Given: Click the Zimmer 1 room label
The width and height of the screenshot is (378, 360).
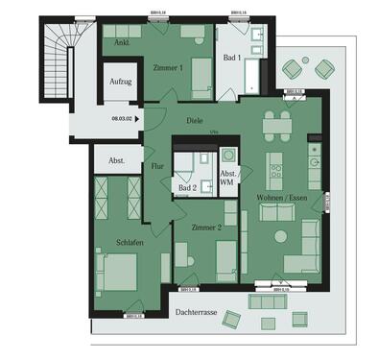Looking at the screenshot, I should pos(168,68).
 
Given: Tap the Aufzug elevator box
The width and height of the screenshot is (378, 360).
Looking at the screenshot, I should pos(120,83).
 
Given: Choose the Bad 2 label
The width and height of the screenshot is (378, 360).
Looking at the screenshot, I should pos(188,188).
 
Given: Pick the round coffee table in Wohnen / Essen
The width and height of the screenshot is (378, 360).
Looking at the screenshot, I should pos(280,236).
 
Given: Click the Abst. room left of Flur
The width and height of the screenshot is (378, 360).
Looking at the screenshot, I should pos(116,160).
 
